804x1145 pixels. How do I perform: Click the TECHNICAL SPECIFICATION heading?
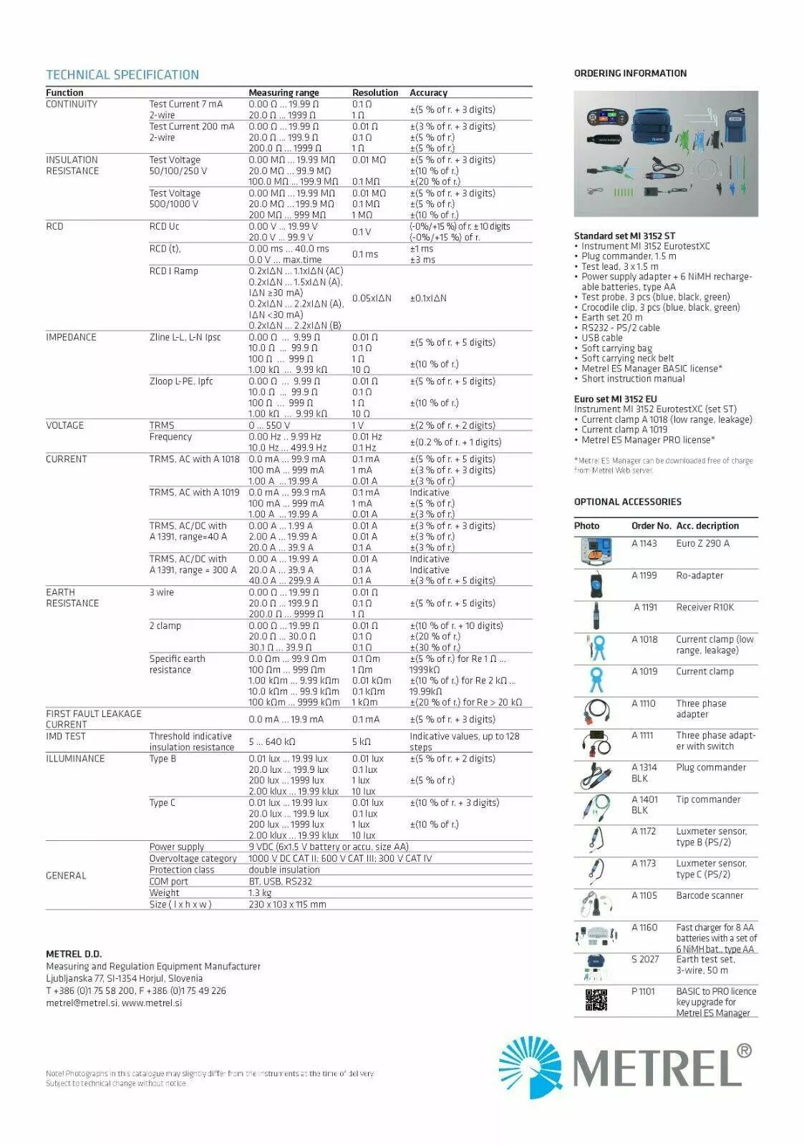[x=122, y=74]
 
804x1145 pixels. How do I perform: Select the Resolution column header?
[x=374, y=92]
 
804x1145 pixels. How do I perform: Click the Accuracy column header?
[x=428, y=92]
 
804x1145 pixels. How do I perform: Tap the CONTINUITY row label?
[x=72, y=104]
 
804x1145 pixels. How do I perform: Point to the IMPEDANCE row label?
[x=71, y=337]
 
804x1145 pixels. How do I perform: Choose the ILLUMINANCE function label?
[x=75, y=759]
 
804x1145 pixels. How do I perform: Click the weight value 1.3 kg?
[x=260, y=892]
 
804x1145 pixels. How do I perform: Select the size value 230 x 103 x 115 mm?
[x=287, y=904]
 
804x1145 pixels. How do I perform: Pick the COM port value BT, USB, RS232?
[x=280, y=881]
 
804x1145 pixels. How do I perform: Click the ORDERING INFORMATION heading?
[x=630, y=73]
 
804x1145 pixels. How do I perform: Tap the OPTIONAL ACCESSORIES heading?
[x=627, y=502]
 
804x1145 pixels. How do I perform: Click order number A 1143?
[x=644, y=543]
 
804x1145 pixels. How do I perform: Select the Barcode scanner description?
[x=709, y=895]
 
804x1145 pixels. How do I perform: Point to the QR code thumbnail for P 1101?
[x=596, y=1000]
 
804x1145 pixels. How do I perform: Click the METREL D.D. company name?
[x=74, y=954]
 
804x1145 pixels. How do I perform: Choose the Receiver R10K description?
[x=704, y=607]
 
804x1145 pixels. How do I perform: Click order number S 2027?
[x=644, y=959]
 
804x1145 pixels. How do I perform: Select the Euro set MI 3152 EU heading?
[x=615, y=399]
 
